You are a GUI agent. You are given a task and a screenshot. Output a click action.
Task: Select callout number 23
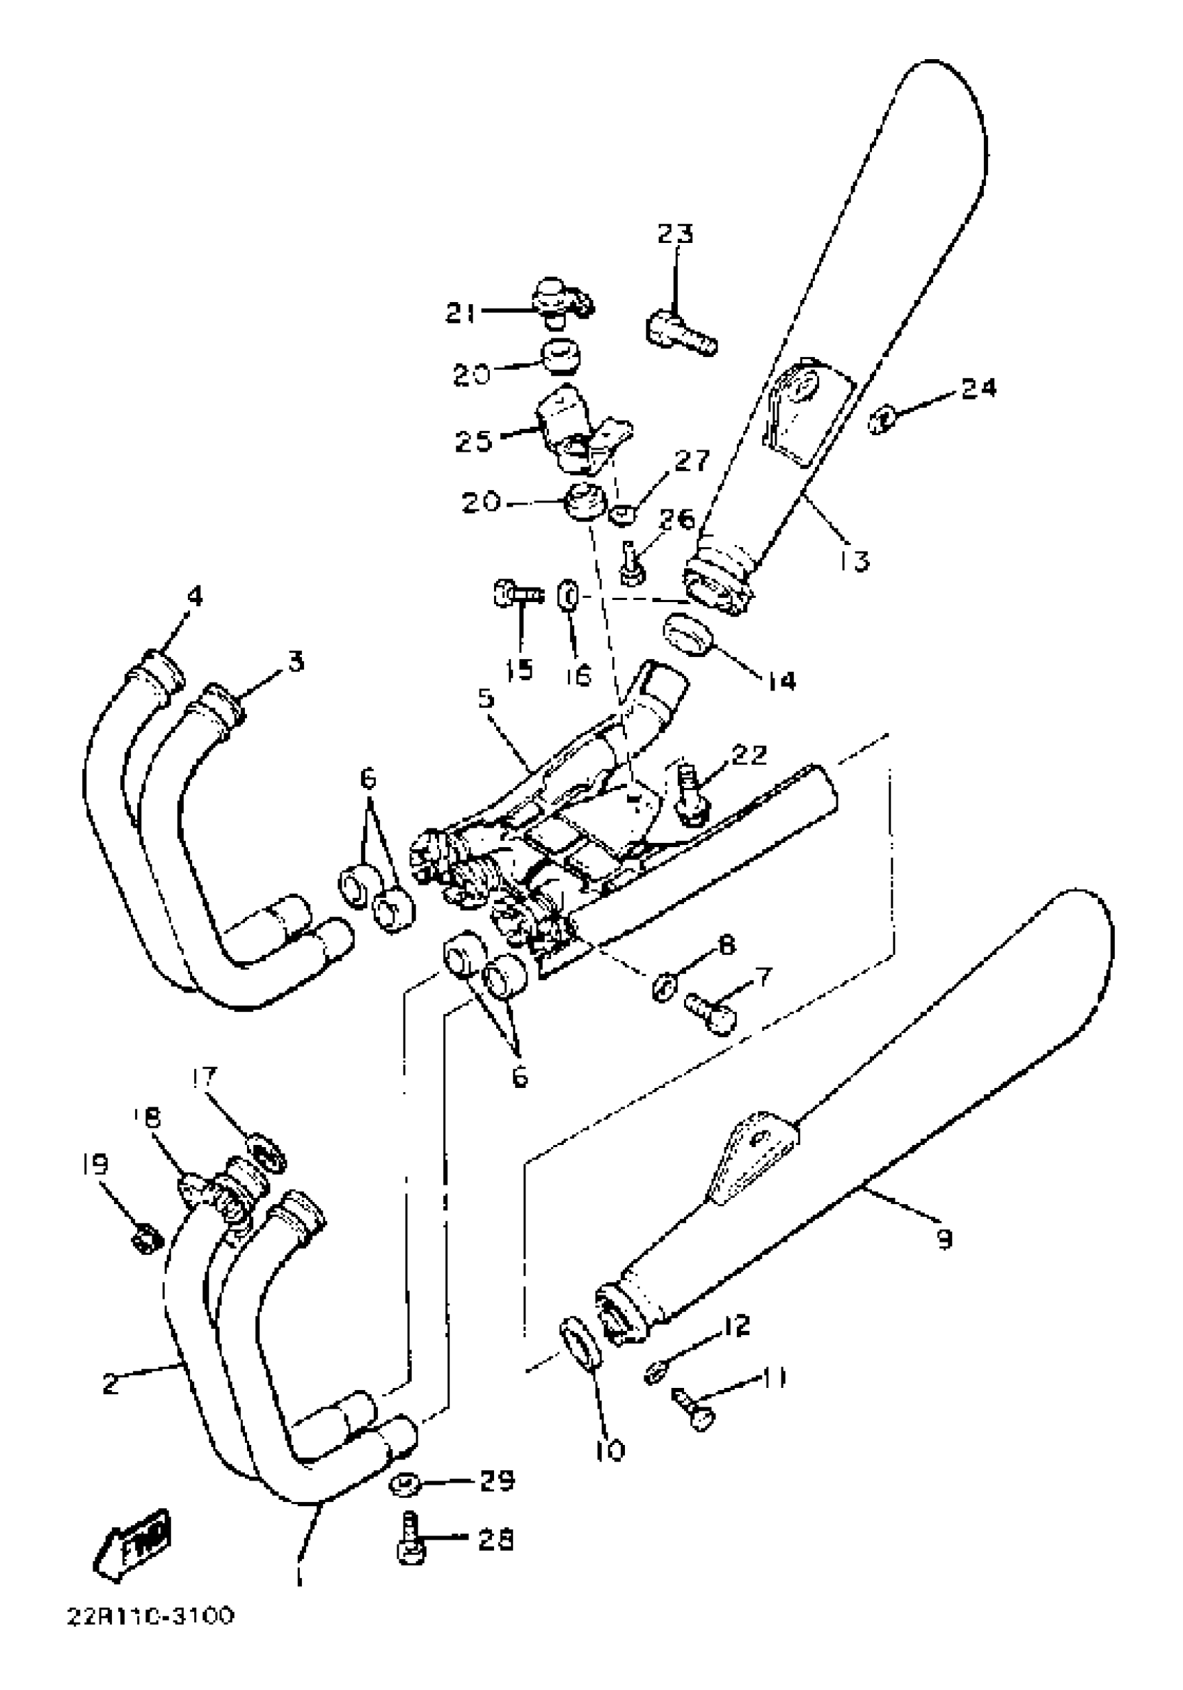point(674,234)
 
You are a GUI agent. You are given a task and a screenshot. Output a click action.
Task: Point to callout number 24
point(978,388)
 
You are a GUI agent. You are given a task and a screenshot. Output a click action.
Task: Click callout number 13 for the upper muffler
point(853,560)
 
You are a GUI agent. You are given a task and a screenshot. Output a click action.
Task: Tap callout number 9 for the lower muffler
point(943,1240)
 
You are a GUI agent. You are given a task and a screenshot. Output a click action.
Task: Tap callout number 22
point(749,755)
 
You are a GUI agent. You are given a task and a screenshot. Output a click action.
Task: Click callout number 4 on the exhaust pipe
point(194,596)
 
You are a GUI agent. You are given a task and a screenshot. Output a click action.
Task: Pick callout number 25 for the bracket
point(473,441)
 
